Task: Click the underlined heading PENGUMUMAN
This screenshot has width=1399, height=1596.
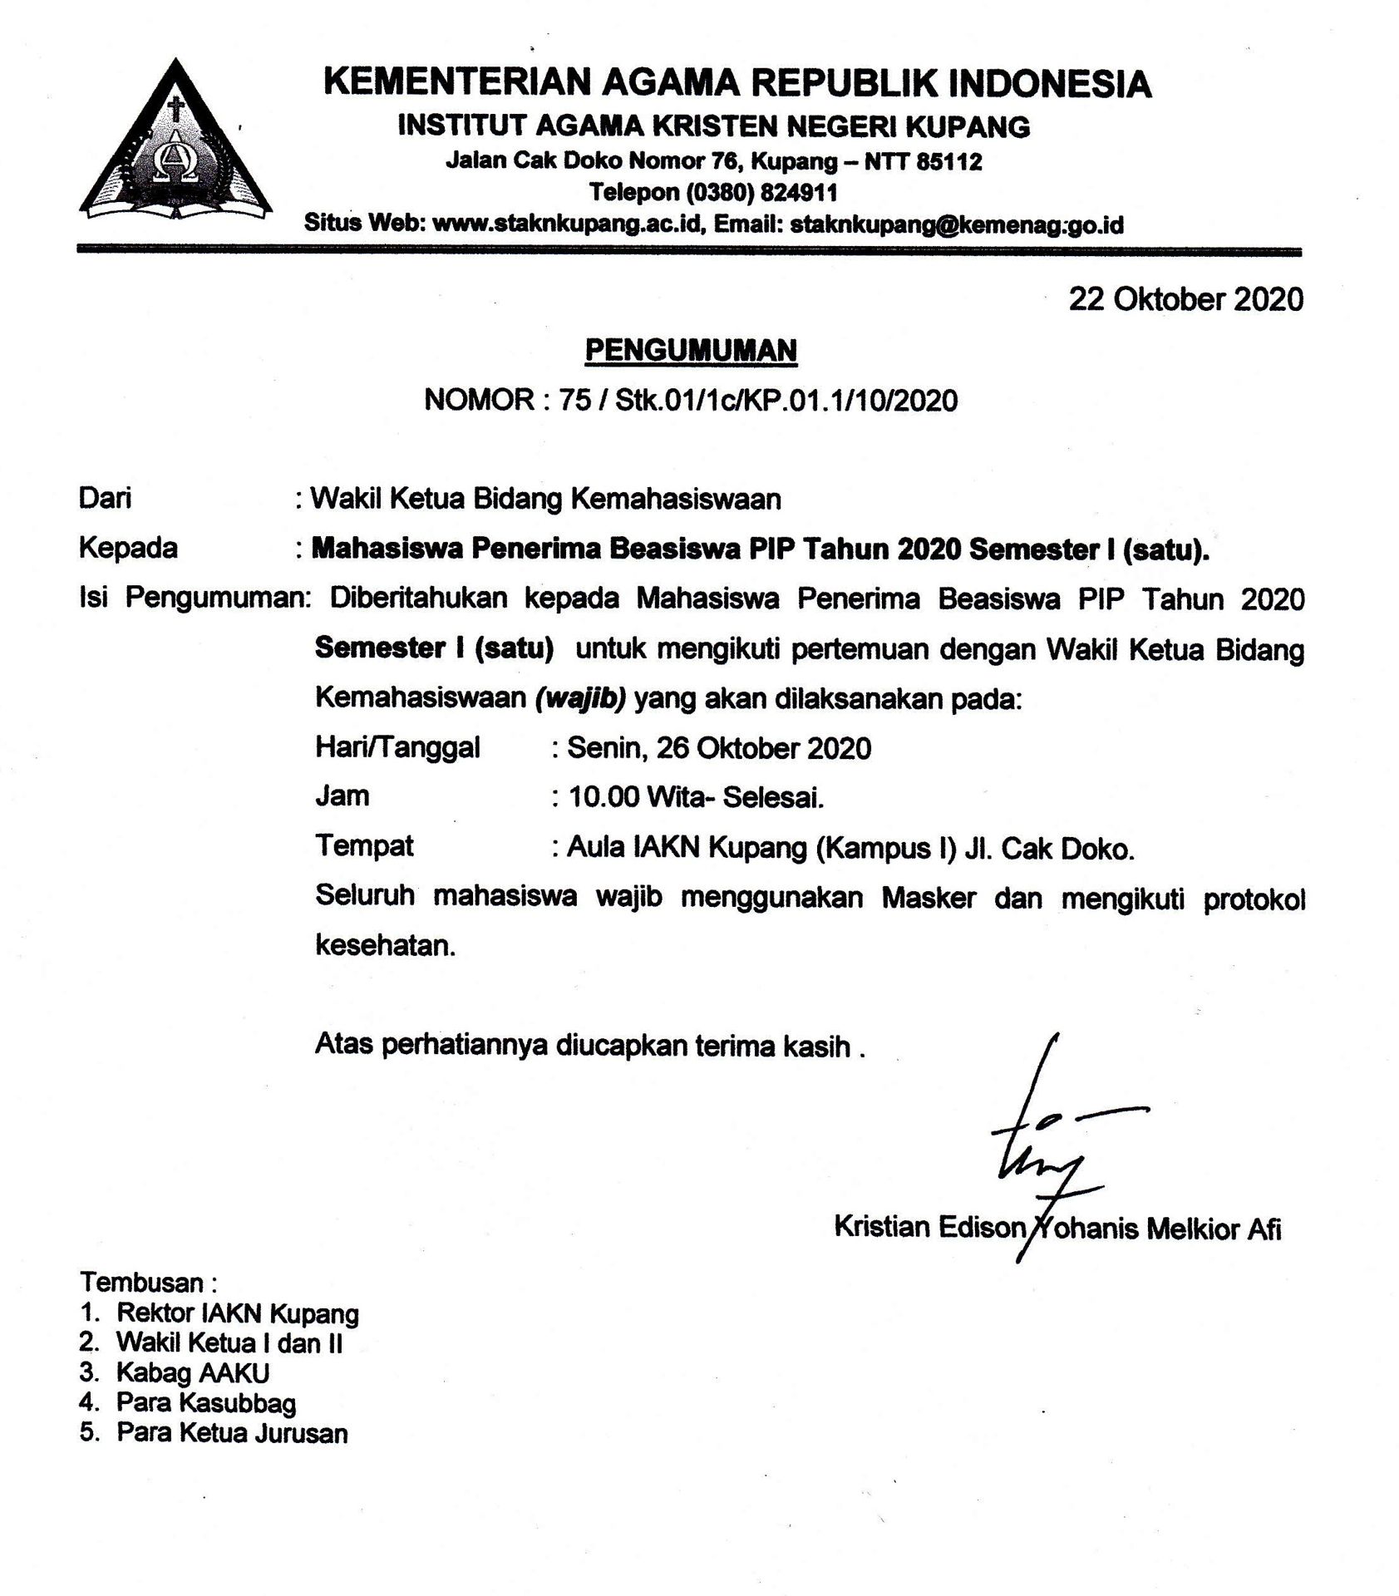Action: click(691, 351)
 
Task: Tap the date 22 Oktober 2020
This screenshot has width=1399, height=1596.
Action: click(1185, 299)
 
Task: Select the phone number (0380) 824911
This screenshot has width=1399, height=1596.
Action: click(761, 193)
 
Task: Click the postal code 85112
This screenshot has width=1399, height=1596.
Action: click(949, 161)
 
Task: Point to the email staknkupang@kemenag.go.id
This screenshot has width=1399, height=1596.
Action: click(957, 224)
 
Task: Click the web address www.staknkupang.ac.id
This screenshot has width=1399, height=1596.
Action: click(569, 224)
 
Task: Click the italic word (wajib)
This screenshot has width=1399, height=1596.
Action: click(580, 698)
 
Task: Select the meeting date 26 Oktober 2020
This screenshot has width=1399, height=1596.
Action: click(763, 749)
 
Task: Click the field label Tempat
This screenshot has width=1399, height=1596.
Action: click(364, 846)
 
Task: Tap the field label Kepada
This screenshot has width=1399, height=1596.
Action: click(128, 549)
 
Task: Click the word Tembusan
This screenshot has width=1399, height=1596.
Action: click(142, 1282)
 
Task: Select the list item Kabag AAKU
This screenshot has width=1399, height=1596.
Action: click(193, 1372)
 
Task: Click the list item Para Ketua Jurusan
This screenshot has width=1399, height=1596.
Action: click(232, 1433)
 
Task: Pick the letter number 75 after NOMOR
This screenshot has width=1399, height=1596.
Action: click(575, 401)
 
